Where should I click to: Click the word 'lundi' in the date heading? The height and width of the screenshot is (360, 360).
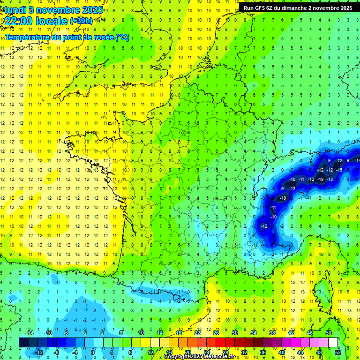pyautogui.click(x=15, y=9)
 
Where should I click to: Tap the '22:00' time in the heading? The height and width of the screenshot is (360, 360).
pyautogui.click(x=18, y=22)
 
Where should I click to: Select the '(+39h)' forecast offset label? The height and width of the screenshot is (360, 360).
pyautogui.click(x=81, y=21)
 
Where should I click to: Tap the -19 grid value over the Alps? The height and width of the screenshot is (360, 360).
pyautogui.click(x=321, y=179)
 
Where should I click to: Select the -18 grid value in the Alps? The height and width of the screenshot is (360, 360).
pyautogui.click(x=283, y=198)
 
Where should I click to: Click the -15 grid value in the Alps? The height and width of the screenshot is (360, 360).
pyautogui.click(x=339, y=170)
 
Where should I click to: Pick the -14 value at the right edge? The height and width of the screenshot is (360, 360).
pyautogui.click(x=357, y=161)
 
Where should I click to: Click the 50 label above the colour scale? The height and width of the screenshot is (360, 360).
pyautogui.click(x=329, y=333)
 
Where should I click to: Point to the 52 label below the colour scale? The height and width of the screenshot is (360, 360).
pyautogui.click(x=337, y=352)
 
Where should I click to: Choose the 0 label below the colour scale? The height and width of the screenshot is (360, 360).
pyautogui.click(x=93, y=352)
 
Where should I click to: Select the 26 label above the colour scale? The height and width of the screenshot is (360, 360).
pyautogui.click(x=216, y=333)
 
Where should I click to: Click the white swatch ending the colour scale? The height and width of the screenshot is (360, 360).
pyautogui.click(x=333, y=343)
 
